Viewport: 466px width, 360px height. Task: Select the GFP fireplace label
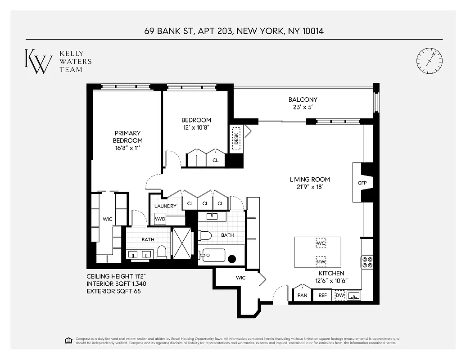pos(362,183)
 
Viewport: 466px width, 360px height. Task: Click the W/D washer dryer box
pos(160,219)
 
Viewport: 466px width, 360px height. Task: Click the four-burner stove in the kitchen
pos(367,262)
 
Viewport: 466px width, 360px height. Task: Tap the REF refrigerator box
pos(322,296)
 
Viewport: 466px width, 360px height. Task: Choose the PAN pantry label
pos(302,296)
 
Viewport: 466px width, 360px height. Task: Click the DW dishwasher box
pos(340,296)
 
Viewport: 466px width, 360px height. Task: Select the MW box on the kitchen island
pos(321,261)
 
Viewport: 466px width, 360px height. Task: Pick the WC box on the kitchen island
pos(321,243)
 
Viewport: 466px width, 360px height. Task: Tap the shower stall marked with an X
pos(182,243)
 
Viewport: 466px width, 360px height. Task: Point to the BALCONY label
pos(303,99)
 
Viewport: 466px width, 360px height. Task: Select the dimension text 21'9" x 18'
pos(310,186)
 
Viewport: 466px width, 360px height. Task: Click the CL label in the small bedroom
pos(216,160)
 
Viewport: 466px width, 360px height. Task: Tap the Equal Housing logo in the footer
pos(68,340)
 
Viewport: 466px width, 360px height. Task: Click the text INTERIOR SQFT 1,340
pos(116,284)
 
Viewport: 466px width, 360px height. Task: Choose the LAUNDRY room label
pos(165,206)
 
